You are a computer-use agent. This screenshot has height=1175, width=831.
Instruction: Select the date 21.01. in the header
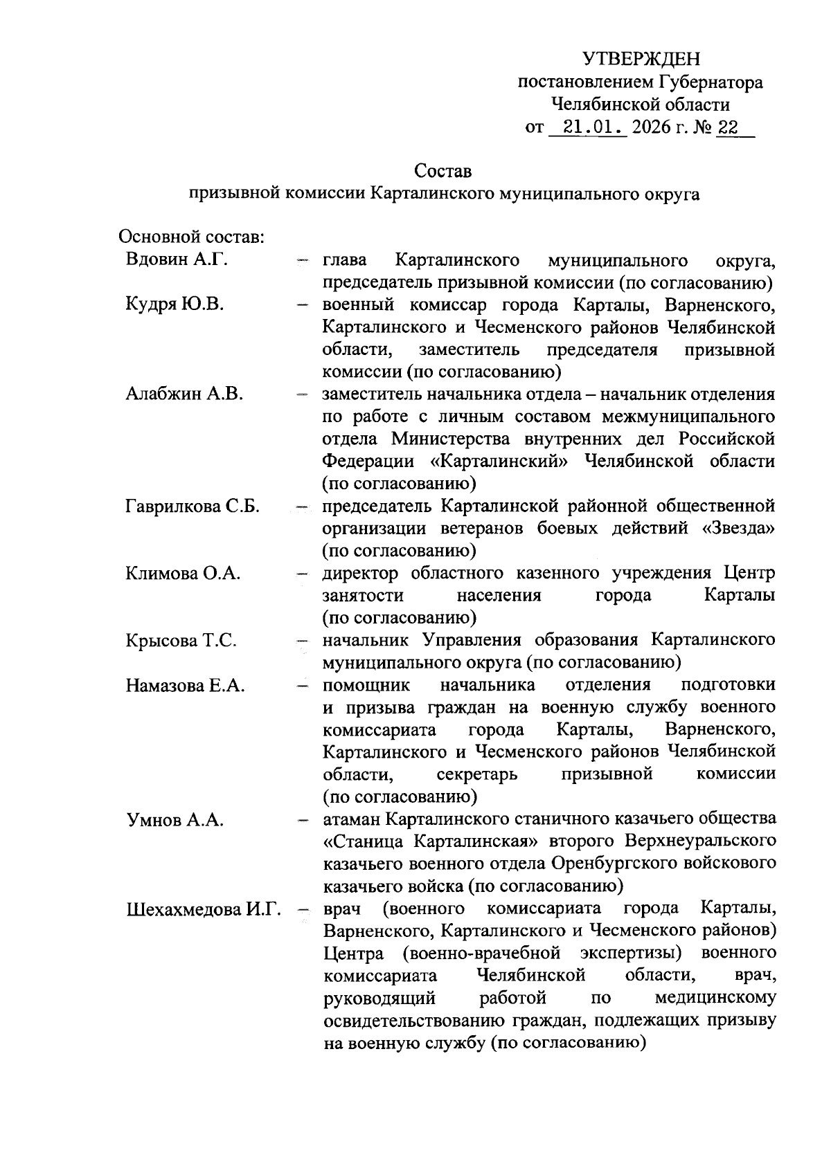(x=587, y=128)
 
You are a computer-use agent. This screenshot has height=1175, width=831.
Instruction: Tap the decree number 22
(x=728, y=128)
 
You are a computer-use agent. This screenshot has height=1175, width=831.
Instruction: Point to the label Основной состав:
(x=191, y=237)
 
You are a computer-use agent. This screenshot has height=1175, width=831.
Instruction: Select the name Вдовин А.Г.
(x=177, y=260)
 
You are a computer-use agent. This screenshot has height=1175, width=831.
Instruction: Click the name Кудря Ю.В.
(x=175, y=304)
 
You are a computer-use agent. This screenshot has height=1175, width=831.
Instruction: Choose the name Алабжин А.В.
(x=184, y=394)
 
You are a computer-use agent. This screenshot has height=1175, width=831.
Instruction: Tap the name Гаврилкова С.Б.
(x=193, y=507)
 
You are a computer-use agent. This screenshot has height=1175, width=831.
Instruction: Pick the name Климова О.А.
(x=183, y=574)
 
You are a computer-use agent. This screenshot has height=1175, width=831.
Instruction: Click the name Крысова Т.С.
(x=181, y=641)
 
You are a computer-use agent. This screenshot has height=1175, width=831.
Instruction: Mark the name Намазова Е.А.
(x=186, y=686)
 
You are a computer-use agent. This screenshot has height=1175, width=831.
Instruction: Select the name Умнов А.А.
(x=175, y=820)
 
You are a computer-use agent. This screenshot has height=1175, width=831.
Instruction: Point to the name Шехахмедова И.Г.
(x=203, y=909)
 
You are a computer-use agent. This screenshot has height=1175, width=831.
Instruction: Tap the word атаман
(x=351, y=819)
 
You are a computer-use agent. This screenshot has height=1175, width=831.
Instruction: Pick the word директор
(x=360, y=574)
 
